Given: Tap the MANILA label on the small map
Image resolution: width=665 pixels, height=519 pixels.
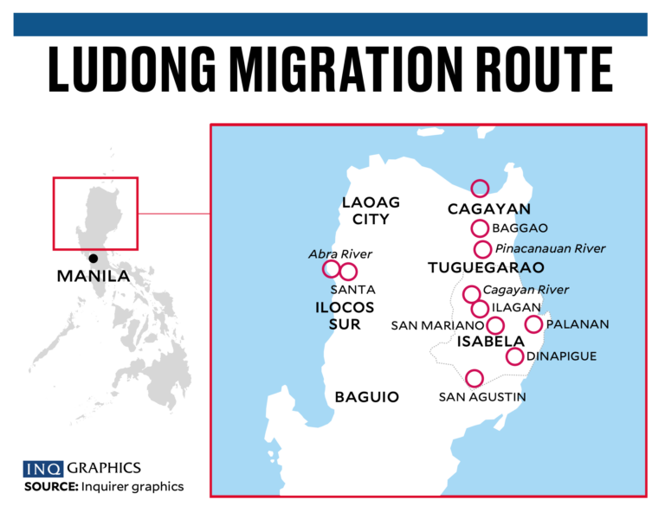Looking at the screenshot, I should click(x=93, y=278).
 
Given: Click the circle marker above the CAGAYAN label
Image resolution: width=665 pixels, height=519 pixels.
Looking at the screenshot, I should click(x=480, y=188).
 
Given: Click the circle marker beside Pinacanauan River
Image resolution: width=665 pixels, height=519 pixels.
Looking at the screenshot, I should click(x=482, y=249).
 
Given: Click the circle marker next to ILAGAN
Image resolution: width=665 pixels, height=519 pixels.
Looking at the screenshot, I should click(x=480, y=309).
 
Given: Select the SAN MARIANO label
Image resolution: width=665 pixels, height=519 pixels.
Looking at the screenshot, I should click(x=436, y=326).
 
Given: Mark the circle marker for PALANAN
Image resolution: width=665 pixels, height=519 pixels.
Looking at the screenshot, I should click(x=533, y=324).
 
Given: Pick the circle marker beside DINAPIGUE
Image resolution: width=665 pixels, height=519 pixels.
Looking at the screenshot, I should click(x=514, y=356).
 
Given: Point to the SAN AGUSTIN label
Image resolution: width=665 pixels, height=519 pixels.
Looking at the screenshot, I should click(x=482, y=397).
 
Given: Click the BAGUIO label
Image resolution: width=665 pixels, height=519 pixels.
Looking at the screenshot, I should click(x=366, y=397).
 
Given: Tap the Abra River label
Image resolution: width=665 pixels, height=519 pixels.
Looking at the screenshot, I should click(x=340, y=254).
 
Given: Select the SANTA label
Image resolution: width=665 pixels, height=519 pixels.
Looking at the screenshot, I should click(x=352, y=290).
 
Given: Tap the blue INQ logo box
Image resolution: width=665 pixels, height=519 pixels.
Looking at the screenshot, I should click(x=43, y=469).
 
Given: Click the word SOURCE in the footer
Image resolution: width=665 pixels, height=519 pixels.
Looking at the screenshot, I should click(x=51, y=487).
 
